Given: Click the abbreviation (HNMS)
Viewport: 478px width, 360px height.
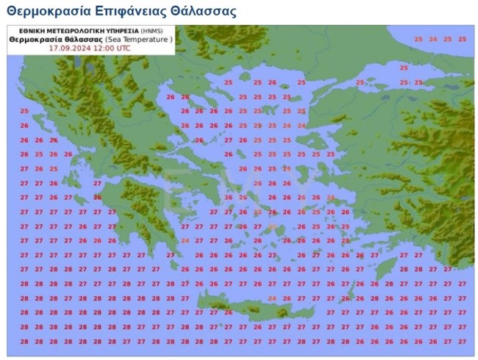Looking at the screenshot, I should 152,29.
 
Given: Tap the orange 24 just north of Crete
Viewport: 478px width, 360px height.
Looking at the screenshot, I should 272,298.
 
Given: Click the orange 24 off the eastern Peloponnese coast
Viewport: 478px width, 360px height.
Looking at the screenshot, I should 185,240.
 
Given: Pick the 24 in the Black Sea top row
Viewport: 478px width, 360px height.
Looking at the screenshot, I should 432,39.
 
